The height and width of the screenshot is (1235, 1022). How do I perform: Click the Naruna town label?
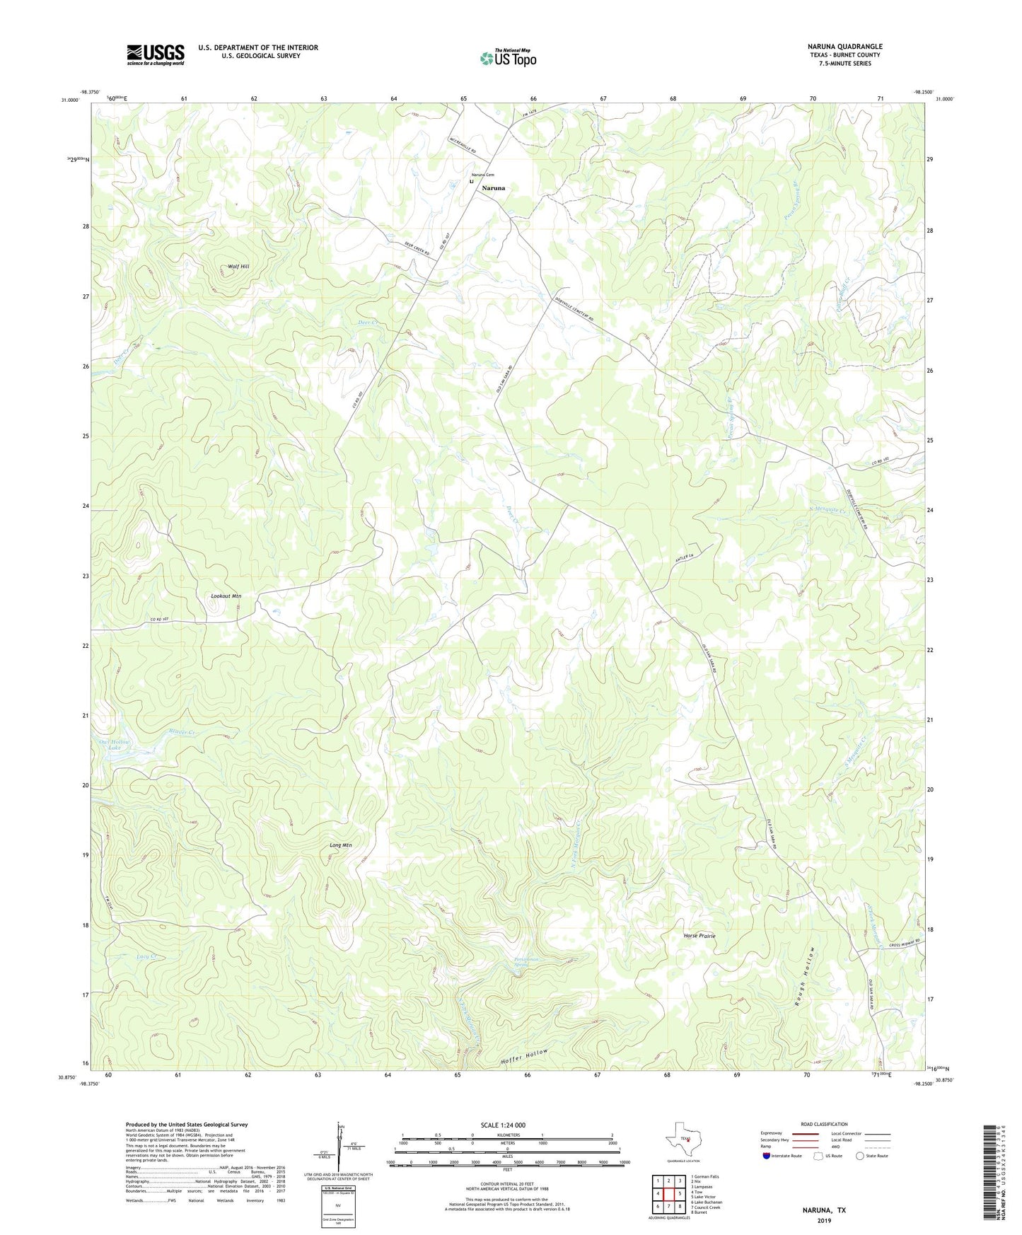pyautogui.click(x=494, y=189)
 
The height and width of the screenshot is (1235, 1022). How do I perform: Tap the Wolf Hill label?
pyautogui.click(x=238, y=267)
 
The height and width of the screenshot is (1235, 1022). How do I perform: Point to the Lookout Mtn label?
pyautogui.click(x=226, y=596)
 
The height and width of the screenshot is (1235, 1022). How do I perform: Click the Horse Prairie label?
pyautogui.click(x=699, y=936)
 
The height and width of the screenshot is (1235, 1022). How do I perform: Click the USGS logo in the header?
pyautogui.click(x=156, y=54)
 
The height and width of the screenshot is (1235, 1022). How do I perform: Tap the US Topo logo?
pyautogui.click(x=508, y=58)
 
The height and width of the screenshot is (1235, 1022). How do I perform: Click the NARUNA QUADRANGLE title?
pyautogui.click(x=844, y=47)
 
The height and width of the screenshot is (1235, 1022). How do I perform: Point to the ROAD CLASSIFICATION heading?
pyautogui.click(x=824, y=1124)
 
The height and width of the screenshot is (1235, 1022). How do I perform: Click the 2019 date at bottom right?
pyautogui.click(x=824, y=1220)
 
